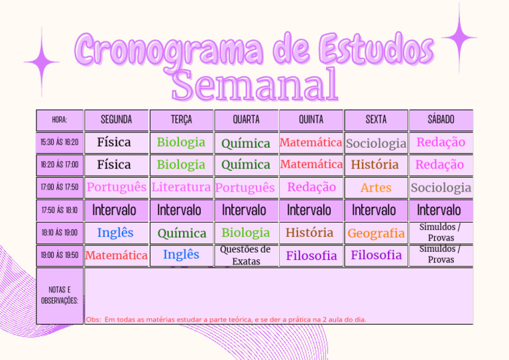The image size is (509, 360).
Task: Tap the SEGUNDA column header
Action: [x=117, y=120]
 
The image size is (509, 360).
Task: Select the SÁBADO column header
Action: [x=441, y=120]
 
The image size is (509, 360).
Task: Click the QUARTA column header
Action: [x=246, y=120]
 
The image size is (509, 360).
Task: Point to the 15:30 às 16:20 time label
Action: [x=60, y=142]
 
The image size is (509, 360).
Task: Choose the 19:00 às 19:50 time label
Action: [x=60, y=255]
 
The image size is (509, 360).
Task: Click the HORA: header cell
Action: [x=60, y=120]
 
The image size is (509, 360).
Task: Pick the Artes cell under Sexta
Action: [x=376, y=188]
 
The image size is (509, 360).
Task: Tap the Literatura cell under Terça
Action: [x=182, y=188]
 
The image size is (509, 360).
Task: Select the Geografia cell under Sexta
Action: [x=376, y=233]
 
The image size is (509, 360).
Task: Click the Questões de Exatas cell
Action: [x=246, y=255]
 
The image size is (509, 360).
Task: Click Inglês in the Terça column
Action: [x=181, y=255]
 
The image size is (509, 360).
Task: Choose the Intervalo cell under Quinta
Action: [x=311, y=210]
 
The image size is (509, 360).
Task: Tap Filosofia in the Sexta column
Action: [x=376, y=255]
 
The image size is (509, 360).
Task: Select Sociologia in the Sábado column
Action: [x=441, y=188]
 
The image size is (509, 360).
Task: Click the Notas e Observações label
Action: [x=60, y=296]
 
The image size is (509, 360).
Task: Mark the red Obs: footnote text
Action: [x=226, y=320]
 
